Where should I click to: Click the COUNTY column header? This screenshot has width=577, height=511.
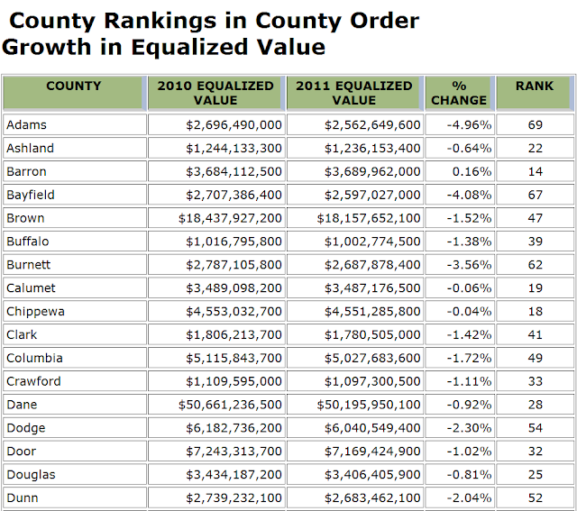[74, 87]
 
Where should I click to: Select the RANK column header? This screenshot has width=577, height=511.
[535, 87]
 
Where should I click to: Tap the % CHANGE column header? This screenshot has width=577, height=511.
[459, 93]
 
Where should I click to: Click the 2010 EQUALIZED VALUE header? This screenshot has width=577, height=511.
[215, 93]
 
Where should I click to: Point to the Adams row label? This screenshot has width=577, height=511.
[26, 124]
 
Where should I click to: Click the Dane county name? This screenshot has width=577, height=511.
[22, 405]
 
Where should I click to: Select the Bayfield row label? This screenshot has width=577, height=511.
[31, 195]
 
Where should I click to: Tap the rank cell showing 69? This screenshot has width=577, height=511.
[536, 124]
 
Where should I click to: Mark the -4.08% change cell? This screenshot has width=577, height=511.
[470, 195]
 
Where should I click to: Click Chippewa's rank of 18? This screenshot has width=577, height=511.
[536, 311]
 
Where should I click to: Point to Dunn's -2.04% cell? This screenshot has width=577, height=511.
[470, 497]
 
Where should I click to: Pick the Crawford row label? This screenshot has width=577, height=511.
[32, 381]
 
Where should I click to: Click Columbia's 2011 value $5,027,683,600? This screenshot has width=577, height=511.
[372, 358]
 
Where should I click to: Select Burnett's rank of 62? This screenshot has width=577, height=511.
[536, 265]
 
